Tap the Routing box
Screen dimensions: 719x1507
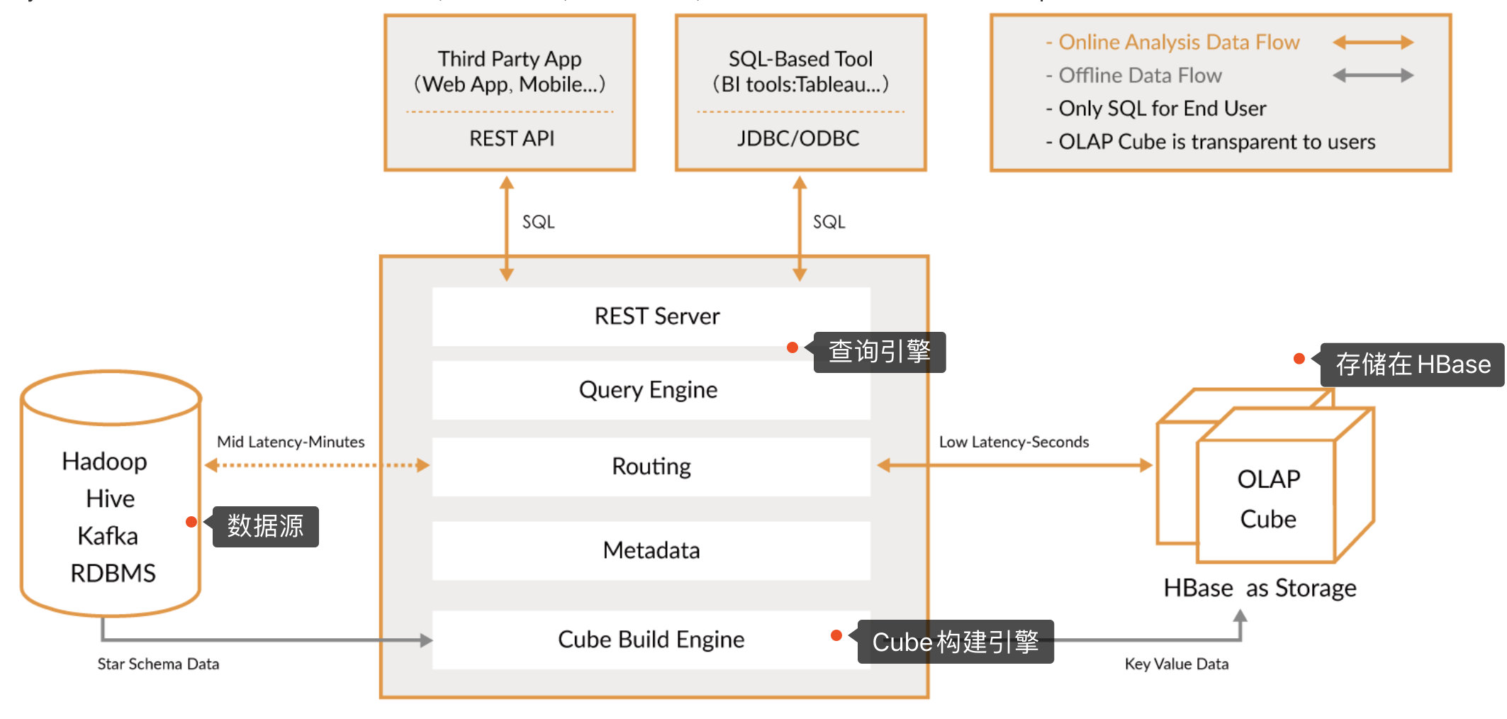tap(651, 467)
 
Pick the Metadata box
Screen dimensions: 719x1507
tap(651, 550)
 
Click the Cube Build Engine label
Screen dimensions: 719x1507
tap(651, 640)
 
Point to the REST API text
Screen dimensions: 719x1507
tap(511, 138)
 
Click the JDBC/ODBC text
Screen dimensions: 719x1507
tap(798, 138)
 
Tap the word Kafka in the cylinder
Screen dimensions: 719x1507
tap(108, 536)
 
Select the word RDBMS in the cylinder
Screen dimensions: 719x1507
tap(113, 573)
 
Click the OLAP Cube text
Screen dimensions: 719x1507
tap(1268, 498)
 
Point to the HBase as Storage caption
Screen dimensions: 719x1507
tap(1260, 589)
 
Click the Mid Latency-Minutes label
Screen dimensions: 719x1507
tap(291, 442)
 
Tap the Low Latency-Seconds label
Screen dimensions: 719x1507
tap(1014, 442)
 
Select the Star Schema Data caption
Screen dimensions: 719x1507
tap(158, 664)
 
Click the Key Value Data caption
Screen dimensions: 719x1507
tap(1176, 664)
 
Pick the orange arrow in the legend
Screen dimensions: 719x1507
tap(1372, 43)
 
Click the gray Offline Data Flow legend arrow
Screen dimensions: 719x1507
tap(1372, 75)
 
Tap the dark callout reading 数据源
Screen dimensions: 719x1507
tap(265, 526)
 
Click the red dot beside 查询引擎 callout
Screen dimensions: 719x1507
tap(792, 347)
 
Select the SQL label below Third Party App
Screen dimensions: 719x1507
tap(538, 222)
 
